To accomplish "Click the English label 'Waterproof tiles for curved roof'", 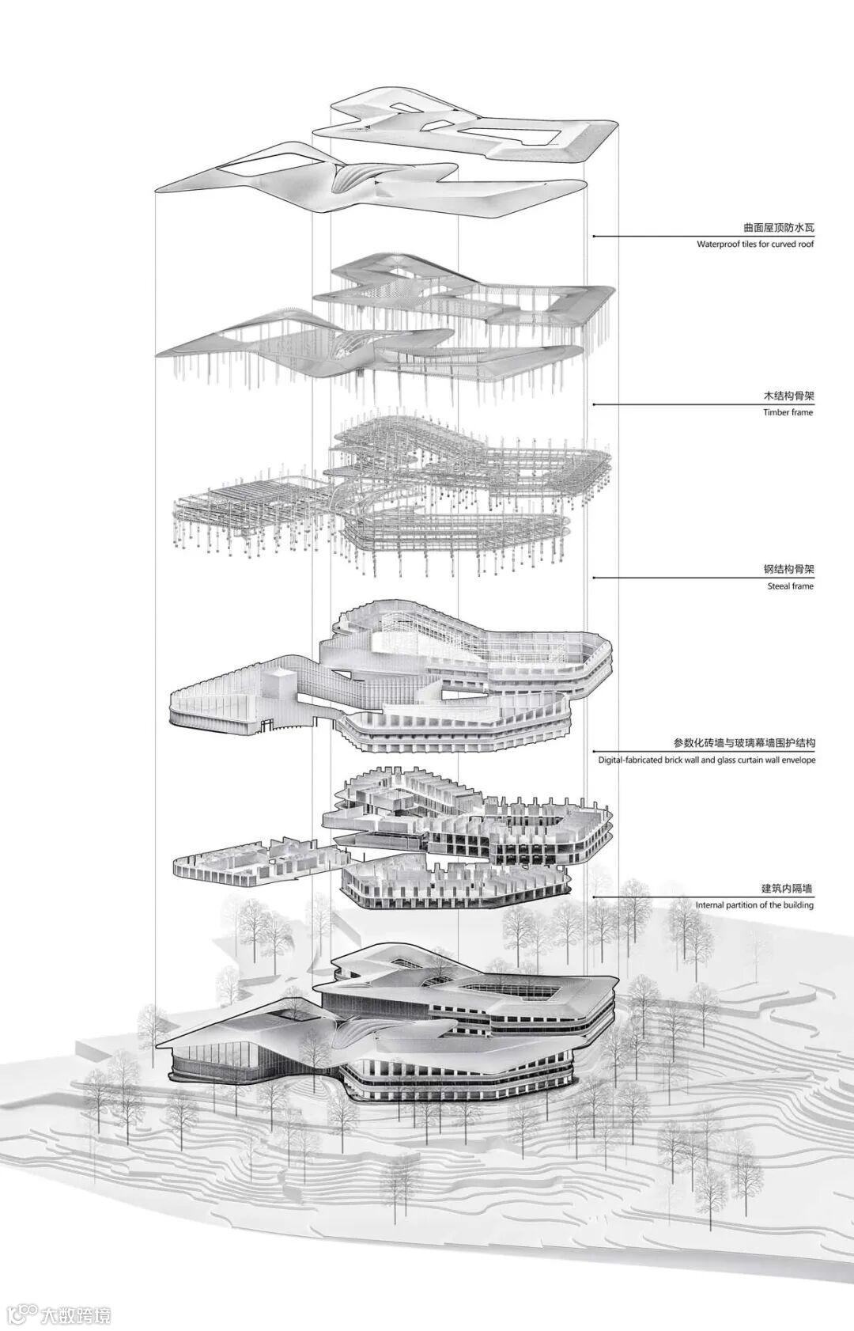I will (x=755, y=245).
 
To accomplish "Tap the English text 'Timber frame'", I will (x=788, y=412).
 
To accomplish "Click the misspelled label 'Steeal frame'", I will (x=790, y=586).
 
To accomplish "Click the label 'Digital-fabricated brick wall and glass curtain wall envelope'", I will (x=707, y=760).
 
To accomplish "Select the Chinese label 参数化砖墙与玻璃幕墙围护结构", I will (x=744, y=744).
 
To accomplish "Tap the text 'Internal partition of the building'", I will (x=754, y=904).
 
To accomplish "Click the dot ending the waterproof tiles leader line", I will (x=593, y=236).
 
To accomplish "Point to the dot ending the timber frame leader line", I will (x=593, y=404).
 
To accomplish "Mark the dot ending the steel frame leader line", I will (x=593, y=578).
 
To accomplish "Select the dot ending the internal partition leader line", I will (x=593, y=897).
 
